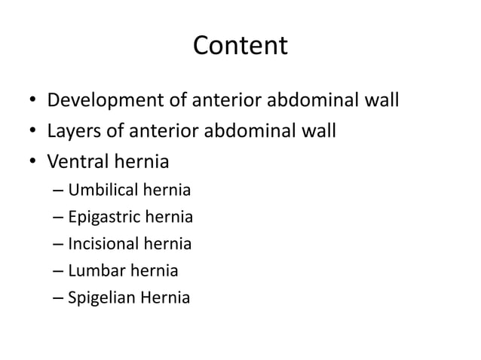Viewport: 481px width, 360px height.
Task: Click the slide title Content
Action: point(240,46)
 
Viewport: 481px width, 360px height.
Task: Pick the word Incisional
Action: point(103,244)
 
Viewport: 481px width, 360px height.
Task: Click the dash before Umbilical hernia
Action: point(59,191)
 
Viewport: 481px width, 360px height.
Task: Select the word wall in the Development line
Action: point(379,100)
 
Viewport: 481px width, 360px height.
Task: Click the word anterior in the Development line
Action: point(226,100)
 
